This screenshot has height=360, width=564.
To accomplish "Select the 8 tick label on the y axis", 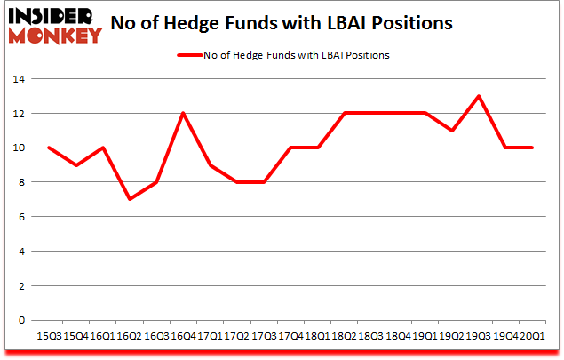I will [19, 182].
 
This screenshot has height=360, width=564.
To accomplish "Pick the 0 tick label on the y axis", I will [19, 320].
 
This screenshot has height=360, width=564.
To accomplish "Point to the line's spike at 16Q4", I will [182, 113].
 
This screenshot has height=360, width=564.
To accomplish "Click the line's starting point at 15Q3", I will [50, 148].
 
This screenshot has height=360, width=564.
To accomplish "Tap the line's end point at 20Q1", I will [533, 148].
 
